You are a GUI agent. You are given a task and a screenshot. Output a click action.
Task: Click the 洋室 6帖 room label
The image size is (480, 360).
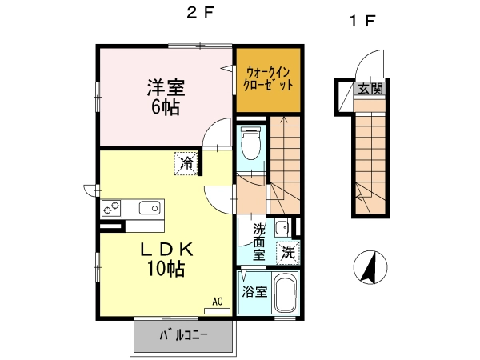(166, 97)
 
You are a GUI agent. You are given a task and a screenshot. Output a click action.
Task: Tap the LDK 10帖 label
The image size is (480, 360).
(166, 258)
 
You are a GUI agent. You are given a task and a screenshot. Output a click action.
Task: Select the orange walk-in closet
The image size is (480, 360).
(268, 80)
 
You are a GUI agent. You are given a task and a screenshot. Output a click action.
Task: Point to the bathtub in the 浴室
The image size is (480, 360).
(285, 292)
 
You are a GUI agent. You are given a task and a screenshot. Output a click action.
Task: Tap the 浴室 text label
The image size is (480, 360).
(254, 292)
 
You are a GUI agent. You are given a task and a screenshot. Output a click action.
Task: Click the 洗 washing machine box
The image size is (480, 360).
(288, 253)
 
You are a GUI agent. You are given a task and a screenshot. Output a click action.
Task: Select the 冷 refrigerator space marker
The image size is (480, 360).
(186, 163)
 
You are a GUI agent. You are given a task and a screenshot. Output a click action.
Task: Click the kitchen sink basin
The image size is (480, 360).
(150, 208)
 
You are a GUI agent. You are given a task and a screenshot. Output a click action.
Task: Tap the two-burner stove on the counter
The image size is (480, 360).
(111, 208)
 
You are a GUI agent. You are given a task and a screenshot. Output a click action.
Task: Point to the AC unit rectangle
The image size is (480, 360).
(217, 311)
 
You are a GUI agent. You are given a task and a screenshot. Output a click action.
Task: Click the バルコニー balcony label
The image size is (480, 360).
(183, 335)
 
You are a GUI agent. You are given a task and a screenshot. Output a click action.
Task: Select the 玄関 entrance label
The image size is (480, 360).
(370, 89)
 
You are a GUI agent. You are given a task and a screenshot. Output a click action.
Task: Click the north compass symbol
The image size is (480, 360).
(370, 267)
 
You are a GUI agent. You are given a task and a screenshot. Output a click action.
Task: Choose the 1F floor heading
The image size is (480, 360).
(362, 21)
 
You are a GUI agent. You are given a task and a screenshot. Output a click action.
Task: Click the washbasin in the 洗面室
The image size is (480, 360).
(282, 228)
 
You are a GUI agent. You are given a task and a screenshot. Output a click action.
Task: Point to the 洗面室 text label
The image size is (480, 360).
(259, 242)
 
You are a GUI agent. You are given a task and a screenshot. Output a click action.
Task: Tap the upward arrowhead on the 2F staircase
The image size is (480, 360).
(284, 119)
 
